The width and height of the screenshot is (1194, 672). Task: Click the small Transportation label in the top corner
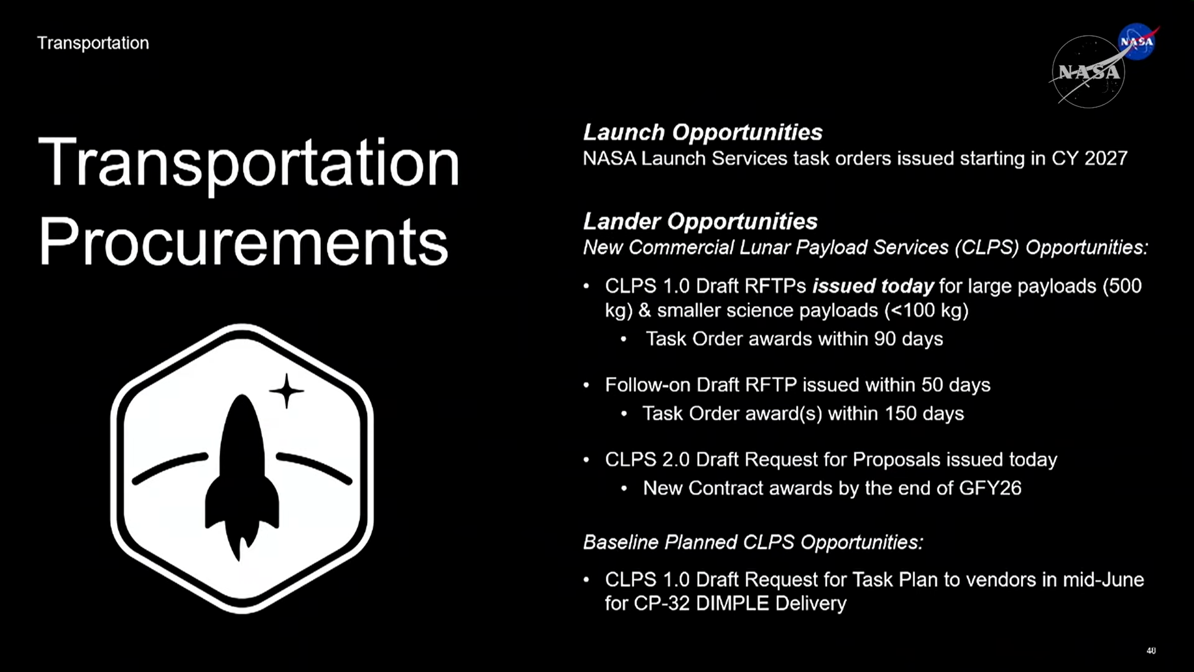(93, 43)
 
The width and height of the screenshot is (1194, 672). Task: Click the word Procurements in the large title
(243, 243)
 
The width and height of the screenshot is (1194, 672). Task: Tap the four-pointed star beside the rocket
(286, 391)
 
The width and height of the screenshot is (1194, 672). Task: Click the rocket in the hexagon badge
(242, 476)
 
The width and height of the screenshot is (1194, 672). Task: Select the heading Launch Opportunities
(702, 132)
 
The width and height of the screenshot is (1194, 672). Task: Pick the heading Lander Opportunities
(700, 221)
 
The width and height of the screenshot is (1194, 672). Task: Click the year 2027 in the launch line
(1106, 158)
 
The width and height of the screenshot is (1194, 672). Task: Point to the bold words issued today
(873, 286)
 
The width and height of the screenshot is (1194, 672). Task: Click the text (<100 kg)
(927, 310)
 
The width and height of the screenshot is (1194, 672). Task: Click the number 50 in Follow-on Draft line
(932, 385)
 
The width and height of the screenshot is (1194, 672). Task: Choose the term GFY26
(990, 488)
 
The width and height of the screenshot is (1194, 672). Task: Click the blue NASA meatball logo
(1137, 42)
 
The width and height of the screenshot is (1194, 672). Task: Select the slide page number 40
(1151, 650)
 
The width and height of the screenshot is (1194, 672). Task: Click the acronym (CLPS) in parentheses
(987, 248)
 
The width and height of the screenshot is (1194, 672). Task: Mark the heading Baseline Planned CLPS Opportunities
(753, 543)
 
